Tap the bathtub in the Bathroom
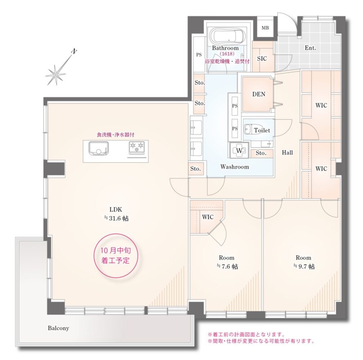pyautogui.click(x=228, y=36)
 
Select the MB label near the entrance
pyautogui.click(x=265, y=28)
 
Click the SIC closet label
pyautogui.click(x=262, y=58)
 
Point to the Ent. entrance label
pyautogui.click(x=310, y=48)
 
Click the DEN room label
pyautogui.click(x=259, y=94)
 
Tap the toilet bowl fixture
pyautogui.click(x=248, y=130)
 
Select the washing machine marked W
pyautogui.click(x=239, y=151)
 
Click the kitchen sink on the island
pyautogui.click(x=99, y=148)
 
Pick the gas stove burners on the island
pyautogui.click(x=137, y=147)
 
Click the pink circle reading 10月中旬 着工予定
pyautogui.click(x=116, y=256)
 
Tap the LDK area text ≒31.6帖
pyautogui.click(x=116, y=218)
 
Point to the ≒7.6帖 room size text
pyautogui.click(x=227, y=266)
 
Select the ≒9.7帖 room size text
pyautogui.click(x=304, y=266)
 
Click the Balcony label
pyautogui.click(x=58, y=328)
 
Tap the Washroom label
pyautogui.click(x=234, y=167)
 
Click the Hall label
pyautogui.click(x=287, y=153)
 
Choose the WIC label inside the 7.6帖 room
pyautogui.click(x=208, y=217)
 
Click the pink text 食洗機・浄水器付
pyautogui.click(x=116, y=135)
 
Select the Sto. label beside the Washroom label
pyautogui.click(x=196, y=169)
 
